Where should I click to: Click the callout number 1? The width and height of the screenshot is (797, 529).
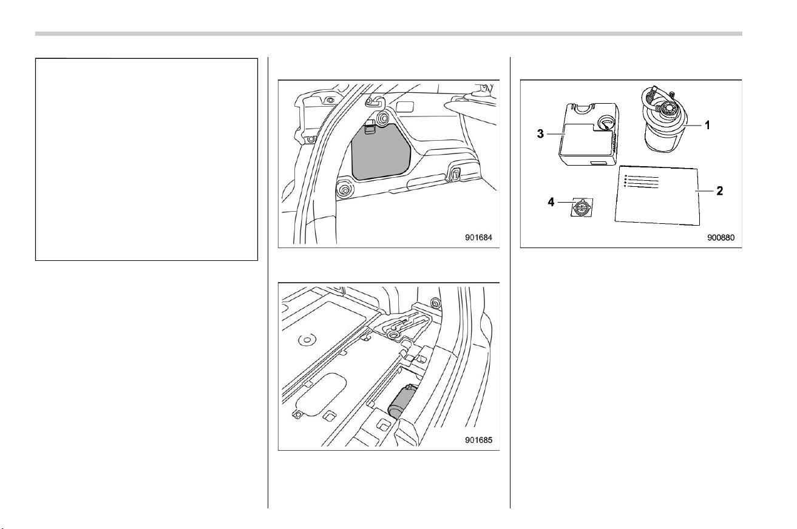click(707, 125)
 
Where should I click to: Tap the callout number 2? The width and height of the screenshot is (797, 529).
click(719, 191)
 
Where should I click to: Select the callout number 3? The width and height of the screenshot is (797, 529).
click(540, 134)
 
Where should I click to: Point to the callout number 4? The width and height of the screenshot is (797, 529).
click(551, 202)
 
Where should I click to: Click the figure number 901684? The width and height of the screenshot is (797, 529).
click(478, 237)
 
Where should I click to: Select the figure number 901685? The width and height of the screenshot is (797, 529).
click(478, 440)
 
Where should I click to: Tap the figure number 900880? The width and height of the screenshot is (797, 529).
click(721, 237)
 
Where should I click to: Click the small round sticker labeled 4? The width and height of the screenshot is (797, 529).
click(582, 207)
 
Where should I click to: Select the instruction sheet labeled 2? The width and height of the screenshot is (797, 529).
click(657, 195)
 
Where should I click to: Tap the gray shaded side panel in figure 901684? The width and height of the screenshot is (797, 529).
click(381, 152)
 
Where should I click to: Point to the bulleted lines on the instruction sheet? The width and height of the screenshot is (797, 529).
click(642, 181)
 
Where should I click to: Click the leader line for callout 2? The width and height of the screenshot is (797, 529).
click(705, 191)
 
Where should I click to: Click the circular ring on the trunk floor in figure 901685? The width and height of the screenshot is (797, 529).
click(307, 340)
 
